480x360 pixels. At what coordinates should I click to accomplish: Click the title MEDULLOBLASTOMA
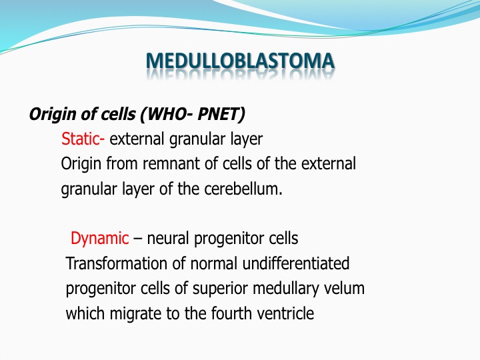(x=240, y=61)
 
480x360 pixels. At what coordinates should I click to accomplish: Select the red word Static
(x=81, y=139)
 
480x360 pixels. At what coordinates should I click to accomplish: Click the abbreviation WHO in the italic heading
(x=168, y=114)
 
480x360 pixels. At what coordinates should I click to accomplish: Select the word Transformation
(x=116, y=263)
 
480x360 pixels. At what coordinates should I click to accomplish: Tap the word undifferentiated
(x=296, y=263)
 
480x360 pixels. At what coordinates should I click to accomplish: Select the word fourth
(x=231, y=313)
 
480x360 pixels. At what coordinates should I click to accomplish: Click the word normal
(x=214, y=263)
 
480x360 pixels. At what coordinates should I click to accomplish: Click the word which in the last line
(x=85, y=313)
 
